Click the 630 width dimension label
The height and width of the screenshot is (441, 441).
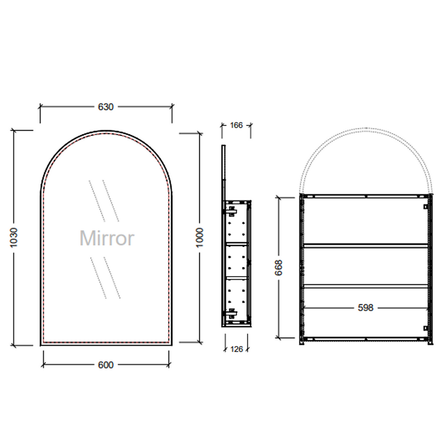point(106,107)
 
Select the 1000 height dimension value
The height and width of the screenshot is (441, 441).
point(199,237)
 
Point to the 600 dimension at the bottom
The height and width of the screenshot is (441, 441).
point(106,365)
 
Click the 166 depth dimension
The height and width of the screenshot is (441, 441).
point(236,125)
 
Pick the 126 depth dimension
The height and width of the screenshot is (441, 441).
point(236,349)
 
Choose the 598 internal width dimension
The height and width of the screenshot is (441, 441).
point(366,307)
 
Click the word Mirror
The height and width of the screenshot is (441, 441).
point(107,238)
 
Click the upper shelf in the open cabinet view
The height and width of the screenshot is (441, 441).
point(366,245)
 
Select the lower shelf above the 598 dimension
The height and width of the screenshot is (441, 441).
point(366,286)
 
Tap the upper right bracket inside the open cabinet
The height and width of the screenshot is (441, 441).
point(425,206)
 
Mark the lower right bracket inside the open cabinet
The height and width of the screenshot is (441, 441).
point(425,328)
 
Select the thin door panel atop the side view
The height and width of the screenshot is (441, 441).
point(223,172)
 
